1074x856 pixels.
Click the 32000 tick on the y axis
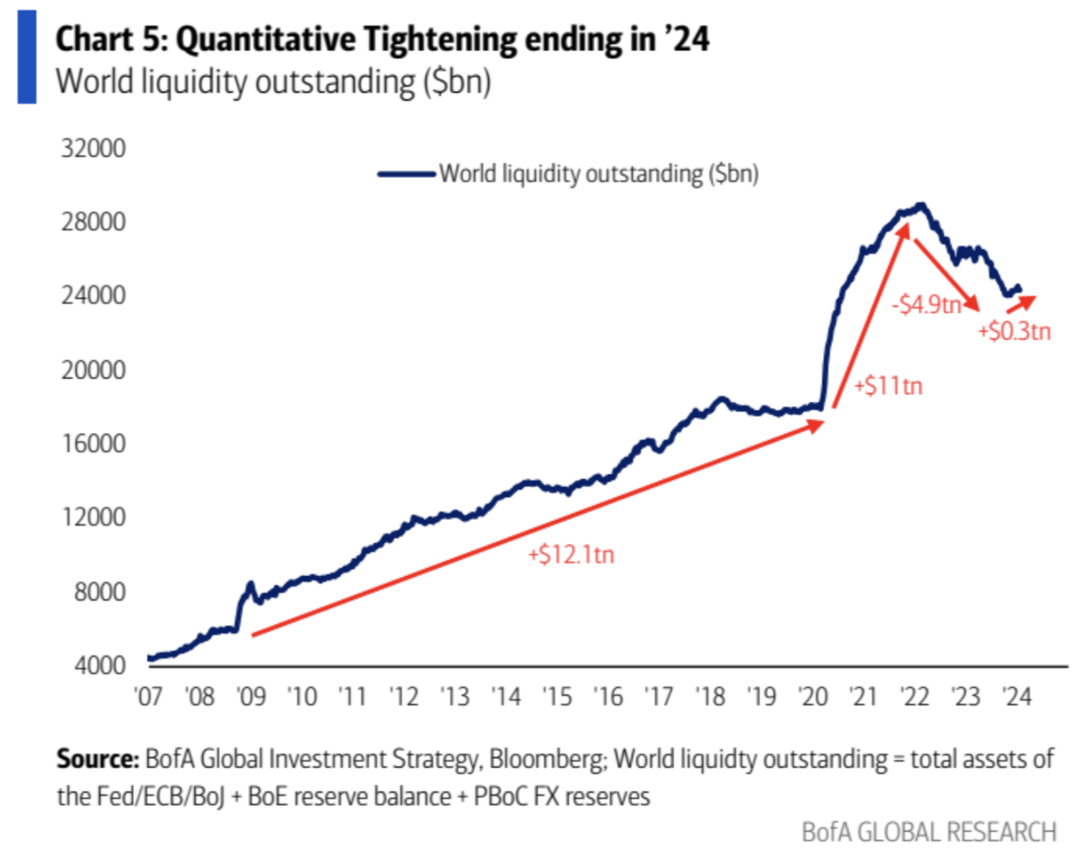pos(93,148)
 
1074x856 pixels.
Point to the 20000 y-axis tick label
pos(93,370)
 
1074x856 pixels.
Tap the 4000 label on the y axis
pos(100,665)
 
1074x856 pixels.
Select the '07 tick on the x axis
pos(149,697)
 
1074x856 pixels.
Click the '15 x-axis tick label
pos(557,697)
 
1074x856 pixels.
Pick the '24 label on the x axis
pos(1016,697)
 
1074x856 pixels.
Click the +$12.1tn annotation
pos(571,554)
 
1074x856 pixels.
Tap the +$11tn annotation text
pos(888,386)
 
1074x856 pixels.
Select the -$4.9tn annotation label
pos(926,304)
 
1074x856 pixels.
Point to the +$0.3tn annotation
pos(1014,331)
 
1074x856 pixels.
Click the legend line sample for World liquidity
pos(406,174)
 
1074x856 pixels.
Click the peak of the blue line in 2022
pos(922,205)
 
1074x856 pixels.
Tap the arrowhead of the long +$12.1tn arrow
pos(818,424)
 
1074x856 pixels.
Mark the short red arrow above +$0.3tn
pos(1022,304)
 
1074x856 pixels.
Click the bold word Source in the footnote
pos(97,759)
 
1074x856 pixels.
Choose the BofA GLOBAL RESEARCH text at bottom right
pos(928,832)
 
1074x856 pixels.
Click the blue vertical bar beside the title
pos(27,57)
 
